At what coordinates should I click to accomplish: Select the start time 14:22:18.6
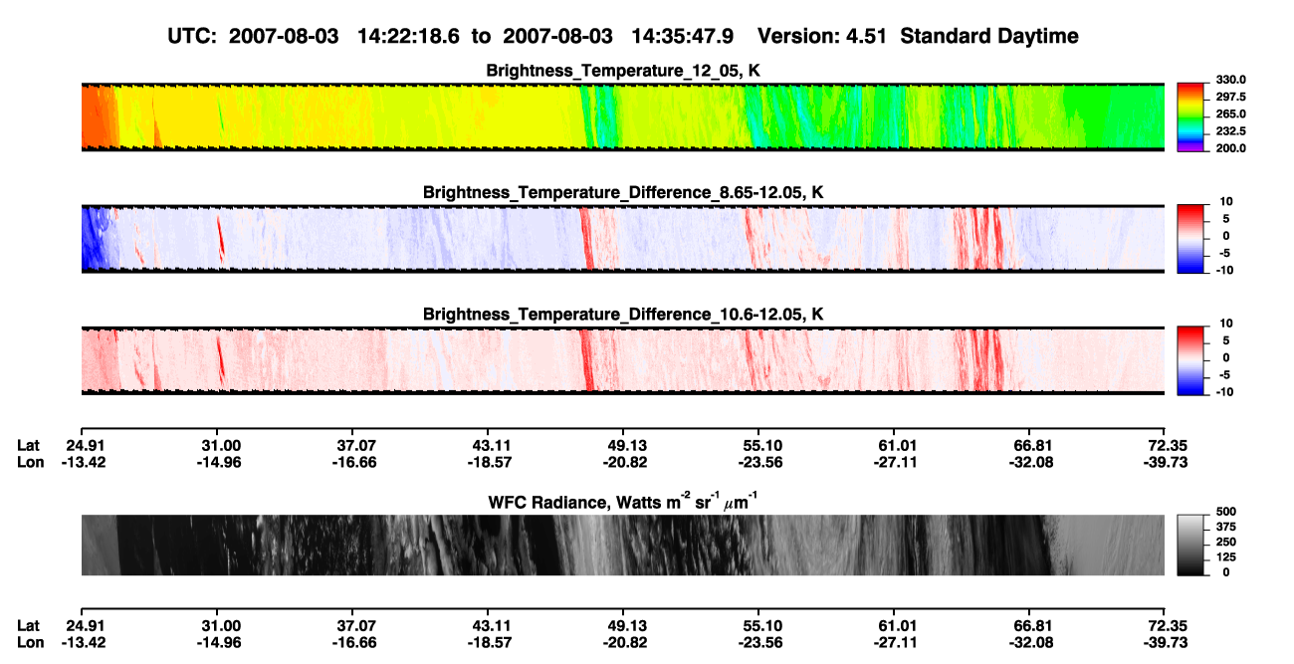pyautogui.click(x=408, y=36)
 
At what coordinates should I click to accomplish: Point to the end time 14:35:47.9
pyautogui.click(x=682, y=36)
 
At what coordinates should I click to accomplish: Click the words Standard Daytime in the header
pyautogui.click(x=989, y=36)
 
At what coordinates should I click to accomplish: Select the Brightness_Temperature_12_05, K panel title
pyautogui.click(x=623, y=71)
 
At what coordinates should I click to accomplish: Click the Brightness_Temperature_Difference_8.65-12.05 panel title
pyautogui.click(x=623, y=192)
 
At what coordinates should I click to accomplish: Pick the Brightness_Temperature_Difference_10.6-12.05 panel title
pyautogui.click(x=623, y=315)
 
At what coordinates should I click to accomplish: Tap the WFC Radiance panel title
pyautogui.click(x=622, y=501)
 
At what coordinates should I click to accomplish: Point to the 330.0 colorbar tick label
pyautogui.click(x=1230, y=80)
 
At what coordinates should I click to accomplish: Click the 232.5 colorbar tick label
pyautogui.click(x=1230, y=131)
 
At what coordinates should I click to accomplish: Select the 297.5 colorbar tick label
pyautogui.click(x=1230, y=98)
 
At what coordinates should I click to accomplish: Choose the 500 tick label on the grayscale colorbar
pyautogui.click(x=1226, y=512)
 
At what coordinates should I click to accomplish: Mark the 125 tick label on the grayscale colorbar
pyautogui.click(x=1226, y=557)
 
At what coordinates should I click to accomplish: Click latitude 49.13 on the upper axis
pyautogui.click(x=627, y=446)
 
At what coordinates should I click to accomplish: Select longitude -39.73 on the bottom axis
pyautogui.click(x=1166, y=643)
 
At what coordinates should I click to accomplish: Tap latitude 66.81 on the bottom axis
pyautogui.click(x=1033, y=626)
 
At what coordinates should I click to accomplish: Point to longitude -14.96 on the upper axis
pyautogui.click(x=219, y=462)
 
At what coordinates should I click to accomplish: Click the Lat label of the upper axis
pyautogui.click(x=28, y=446)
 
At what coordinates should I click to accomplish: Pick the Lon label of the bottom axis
pyautogui.click(x=30, y=643)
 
